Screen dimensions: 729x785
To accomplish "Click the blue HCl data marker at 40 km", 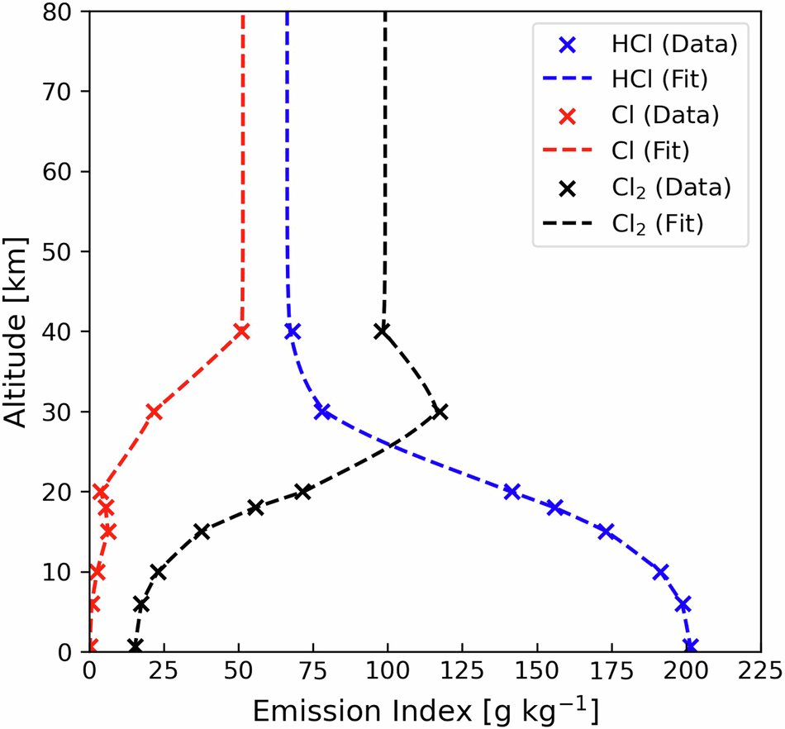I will pyautogui.click(x=292, y=331).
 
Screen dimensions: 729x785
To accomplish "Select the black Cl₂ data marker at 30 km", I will pyautogui.click(x=440, y=412).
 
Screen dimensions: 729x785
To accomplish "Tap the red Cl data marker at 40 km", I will pyautogui.click(x=241, y=331).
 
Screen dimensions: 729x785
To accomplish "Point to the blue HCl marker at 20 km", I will pyautogui.click(x=511, y=492).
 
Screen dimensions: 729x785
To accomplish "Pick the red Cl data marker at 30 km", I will pyautogui.click(x=153, y=412).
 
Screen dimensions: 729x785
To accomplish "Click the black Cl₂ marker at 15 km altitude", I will pyautogui.click(x=202, y=531).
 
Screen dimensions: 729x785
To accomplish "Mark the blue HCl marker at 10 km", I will pyautogui.click(x=660, y=571).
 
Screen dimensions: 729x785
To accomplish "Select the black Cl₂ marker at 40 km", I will pyautogui.click(x=382, y=331).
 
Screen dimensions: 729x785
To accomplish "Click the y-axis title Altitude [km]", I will pyautogui.click(x=18, y=331).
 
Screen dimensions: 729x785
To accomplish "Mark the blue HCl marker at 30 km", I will pyautogui.click(x=322, y=412).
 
